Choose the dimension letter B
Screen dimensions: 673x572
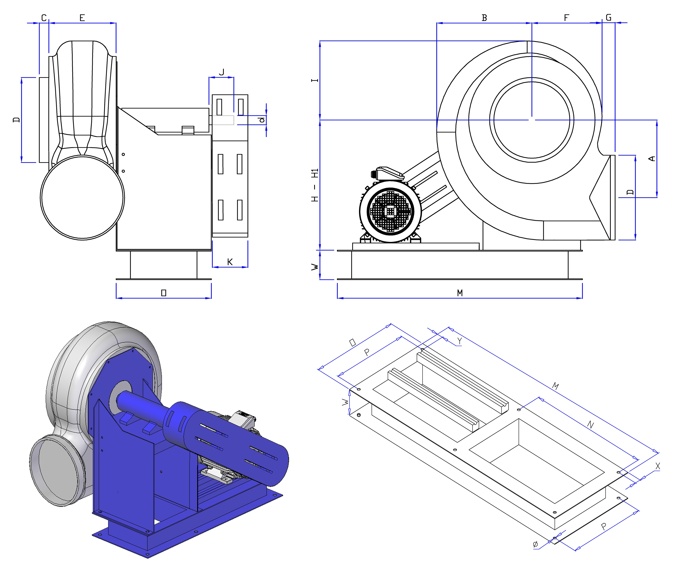(x=484, y=18)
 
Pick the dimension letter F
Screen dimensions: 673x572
(x=566, y=18)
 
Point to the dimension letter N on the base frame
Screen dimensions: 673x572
(x=590, y=424)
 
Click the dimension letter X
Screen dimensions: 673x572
(x=657, y=466)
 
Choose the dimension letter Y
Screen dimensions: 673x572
(x=459, y=341)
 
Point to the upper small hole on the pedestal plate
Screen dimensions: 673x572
(x=123, y=154)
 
